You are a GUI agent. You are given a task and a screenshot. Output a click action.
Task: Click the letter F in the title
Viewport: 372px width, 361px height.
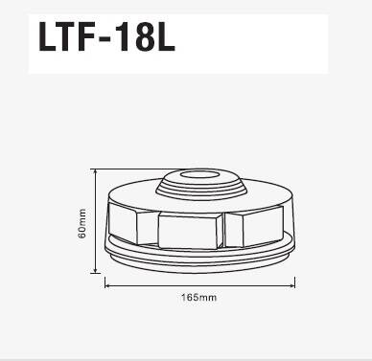(93, 40)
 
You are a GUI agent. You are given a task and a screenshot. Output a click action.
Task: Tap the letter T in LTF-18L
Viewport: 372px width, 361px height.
(70, 40)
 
